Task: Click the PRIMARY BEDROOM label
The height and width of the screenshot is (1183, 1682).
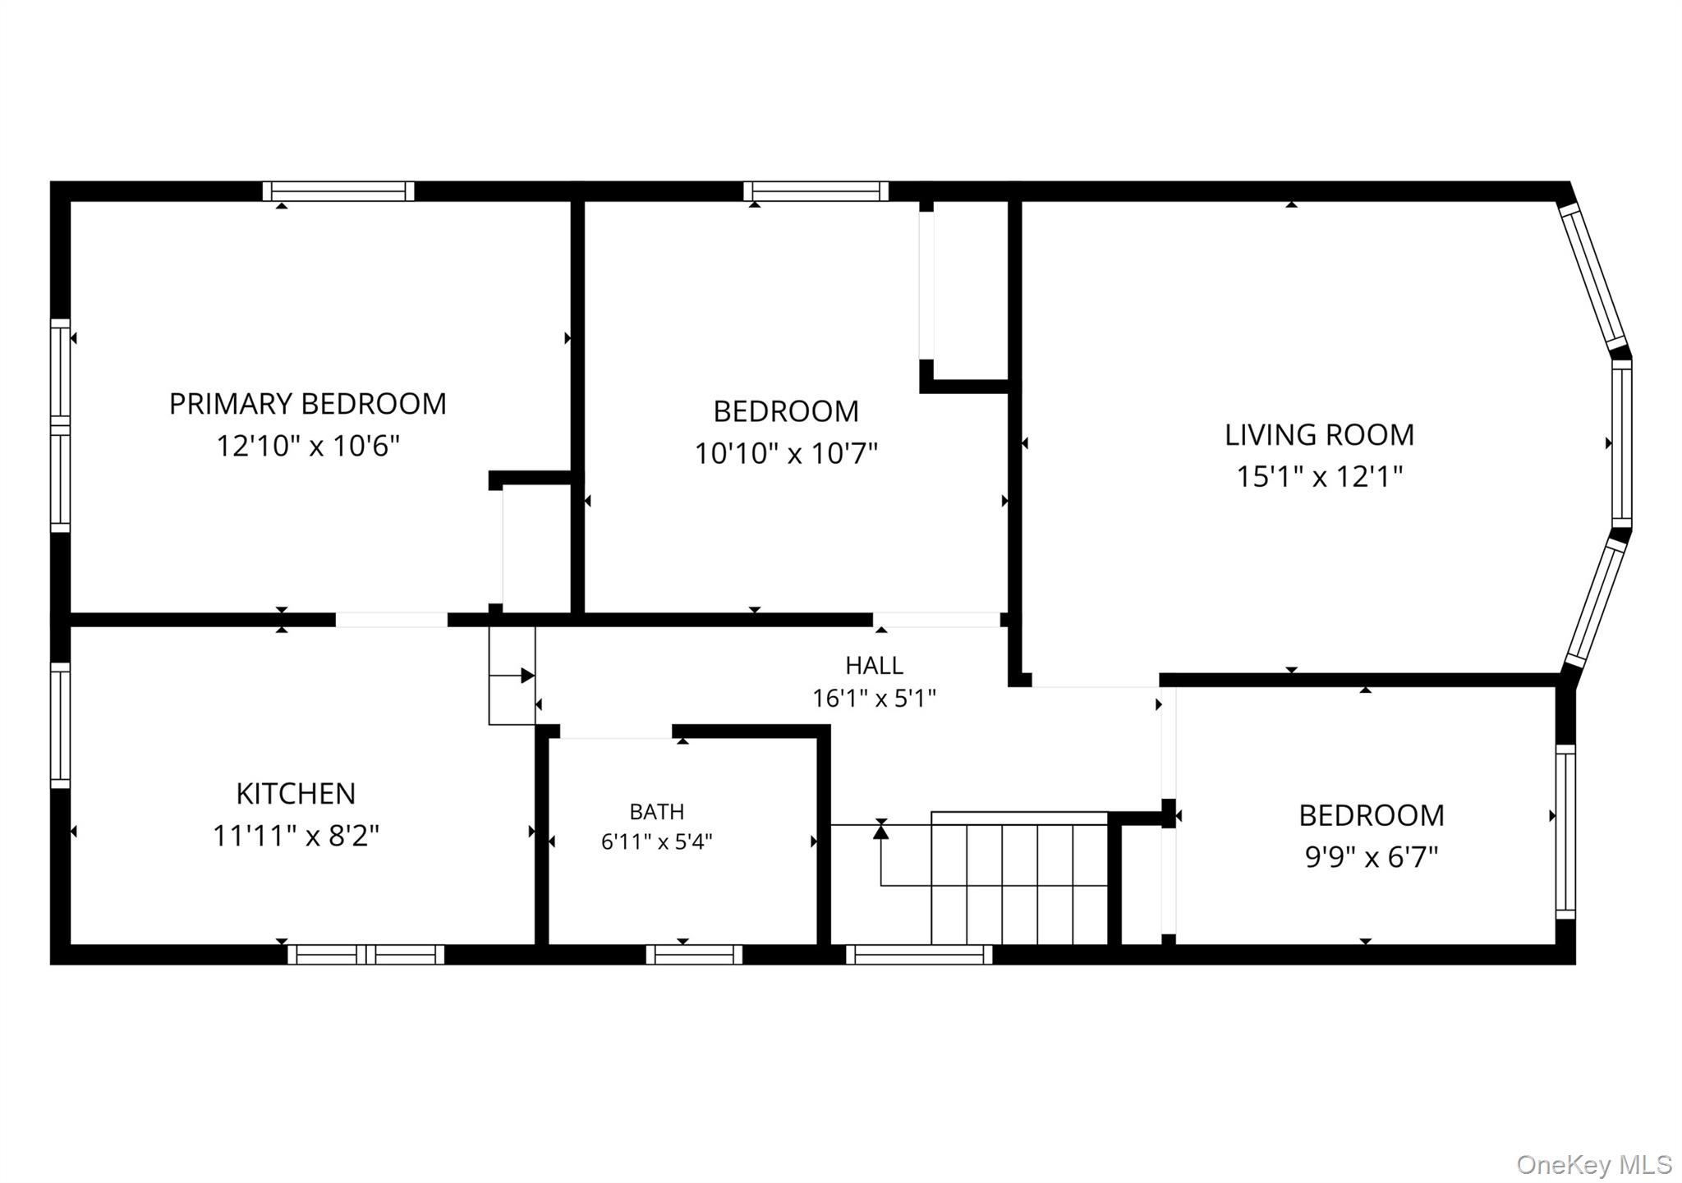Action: (308, 404)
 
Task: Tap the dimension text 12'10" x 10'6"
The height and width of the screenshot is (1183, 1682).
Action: (308, 446)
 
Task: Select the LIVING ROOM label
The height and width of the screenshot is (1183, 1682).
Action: (1319, 435)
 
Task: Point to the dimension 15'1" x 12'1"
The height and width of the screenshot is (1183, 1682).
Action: (1319, 476)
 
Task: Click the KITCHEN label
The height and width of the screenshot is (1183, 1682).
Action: (296, 794)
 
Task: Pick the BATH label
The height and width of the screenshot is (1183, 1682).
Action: (656, 812)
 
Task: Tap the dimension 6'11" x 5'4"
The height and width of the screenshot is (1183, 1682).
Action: (656, 841)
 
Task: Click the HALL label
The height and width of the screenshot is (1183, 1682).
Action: (874, 665)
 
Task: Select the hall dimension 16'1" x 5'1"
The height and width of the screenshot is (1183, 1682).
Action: (874, 699)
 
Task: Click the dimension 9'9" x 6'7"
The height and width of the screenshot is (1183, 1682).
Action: (1372, 857)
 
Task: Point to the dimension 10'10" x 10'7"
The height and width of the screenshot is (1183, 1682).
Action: (786, 453)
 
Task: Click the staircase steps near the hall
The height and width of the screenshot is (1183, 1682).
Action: (1019, 878)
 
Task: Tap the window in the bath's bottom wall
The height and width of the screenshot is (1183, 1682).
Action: (694, 955)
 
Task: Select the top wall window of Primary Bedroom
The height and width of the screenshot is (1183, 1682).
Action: (338, 191)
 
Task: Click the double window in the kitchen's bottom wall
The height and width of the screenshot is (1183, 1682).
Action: (365, 955)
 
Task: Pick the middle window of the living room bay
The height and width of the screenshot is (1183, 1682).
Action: (1621, 444)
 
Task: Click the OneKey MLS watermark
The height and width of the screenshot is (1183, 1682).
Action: (1593, 1164)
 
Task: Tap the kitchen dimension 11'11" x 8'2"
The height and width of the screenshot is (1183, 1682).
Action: (296, 836)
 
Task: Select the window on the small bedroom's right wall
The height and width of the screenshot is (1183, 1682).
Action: (1565, 832)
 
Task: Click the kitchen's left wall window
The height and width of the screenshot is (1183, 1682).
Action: (60, 725)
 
